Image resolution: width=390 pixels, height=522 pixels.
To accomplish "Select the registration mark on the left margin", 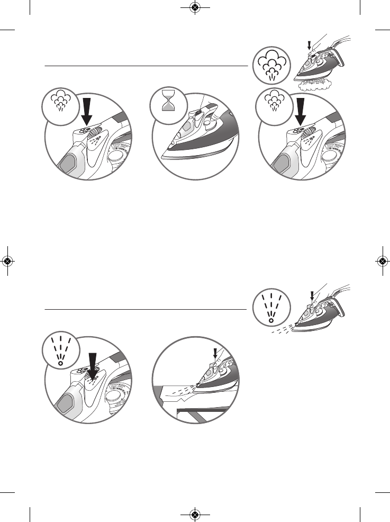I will [7, 261].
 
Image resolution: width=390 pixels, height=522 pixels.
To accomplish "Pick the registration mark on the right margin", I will [382, 261].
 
